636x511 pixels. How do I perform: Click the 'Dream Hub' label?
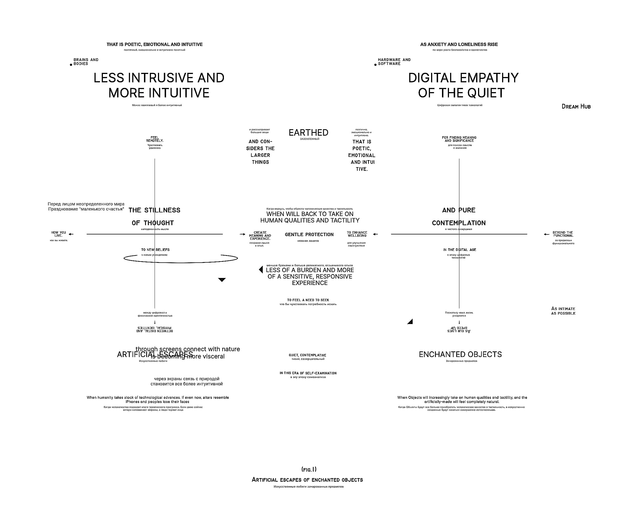(576, 107)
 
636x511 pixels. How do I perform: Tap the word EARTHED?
(308, 133)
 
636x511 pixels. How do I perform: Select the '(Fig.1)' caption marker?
(309, 469)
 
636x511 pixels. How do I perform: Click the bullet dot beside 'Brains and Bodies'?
(71, 65)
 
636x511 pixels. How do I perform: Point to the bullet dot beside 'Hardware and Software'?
(375, 65)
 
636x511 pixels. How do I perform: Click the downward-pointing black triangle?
(222, 280)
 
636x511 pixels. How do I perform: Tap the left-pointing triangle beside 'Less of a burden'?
(261, 270)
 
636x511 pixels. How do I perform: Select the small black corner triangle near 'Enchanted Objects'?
(410, 322)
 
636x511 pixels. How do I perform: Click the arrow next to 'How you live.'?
(71, 234)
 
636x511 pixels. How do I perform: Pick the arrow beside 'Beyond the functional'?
(547, 234)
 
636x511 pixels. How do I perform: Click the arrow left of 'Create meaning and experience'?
(242, 234)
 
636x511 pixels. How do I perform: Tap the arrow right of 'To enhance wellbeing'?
(375, 234)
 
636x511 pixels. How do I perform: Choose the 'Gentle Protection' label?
(309, 235)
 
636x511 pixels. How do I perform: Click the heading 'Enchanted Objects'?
(460, 354)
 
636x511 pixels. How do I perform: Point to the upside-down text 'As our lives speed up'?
(459, 330)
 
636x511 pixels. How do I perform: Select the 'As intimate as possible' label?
(563, 311)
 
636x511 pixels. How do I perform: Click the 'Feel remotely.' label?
(155, 139)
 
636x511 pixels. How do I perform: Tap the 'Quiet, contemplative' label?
(308, 355)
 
